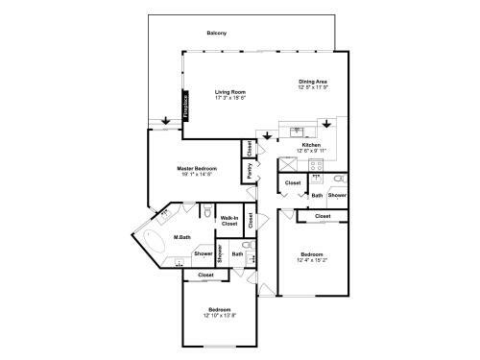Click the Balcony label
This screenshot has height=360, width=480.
tap(216, 34)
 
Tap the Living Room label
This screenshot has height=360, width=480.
tap(230, 92)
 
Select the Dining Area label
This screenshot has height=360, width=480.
tap(314, 83)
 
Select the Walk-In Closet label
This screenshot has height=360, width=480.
tap(229, 221)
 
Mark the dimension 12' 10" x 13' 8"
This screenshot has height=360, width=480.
tap(219, 315)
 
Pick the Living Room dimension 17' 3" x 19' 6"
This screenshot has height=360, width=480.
tap(230, 98)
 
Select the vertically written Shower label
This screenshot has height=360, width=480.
tap(220, 253)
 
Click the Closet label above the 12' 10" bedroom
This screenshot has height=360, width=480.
tap(205, 276)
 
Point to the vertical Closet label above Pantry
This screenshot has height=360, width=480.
tap(250, 149)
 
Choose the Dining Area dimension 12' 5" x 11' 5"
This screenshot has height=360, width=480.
tap(314, 88)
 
